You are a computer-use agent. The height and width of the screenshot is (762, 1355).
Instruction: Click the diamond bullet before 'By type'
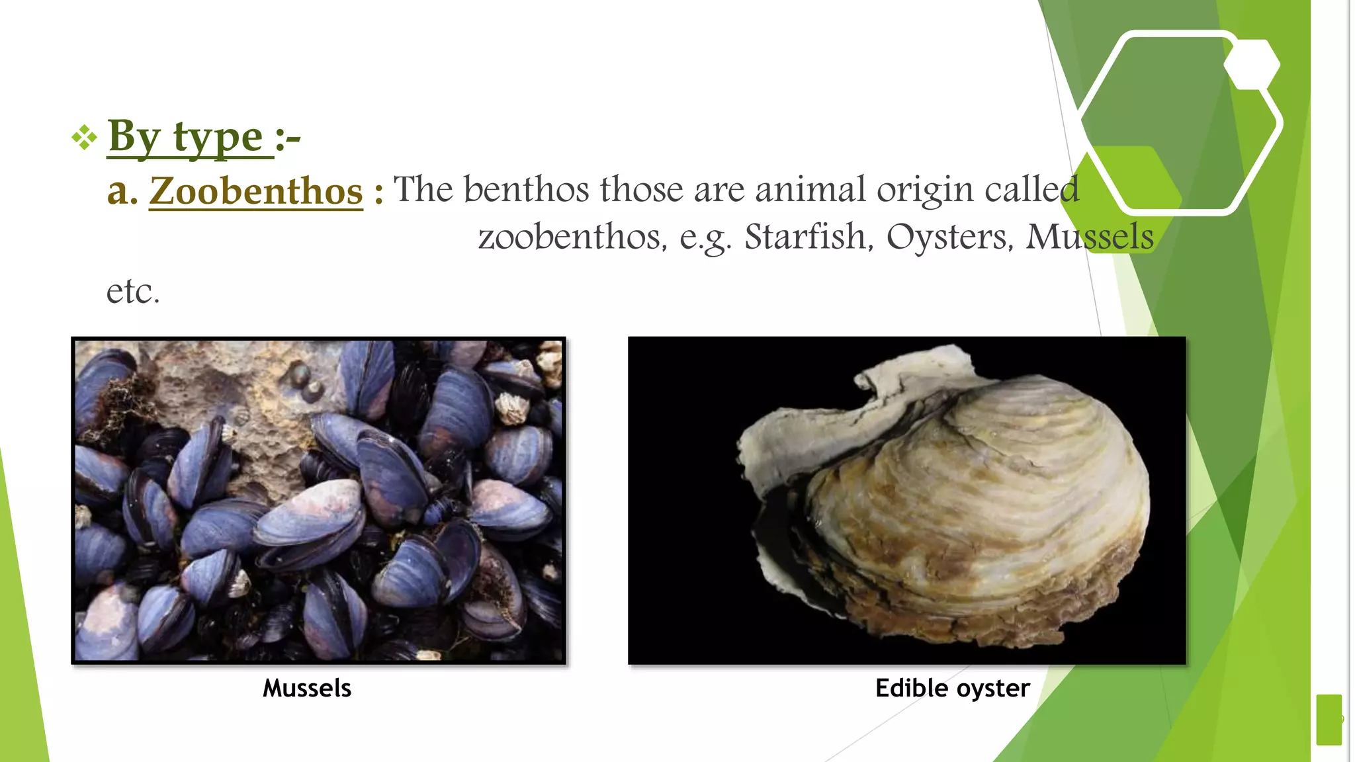(x=84, y=138)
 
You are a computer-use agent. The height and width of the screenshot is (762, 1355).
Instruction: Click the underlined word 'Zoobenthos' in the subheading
(x=256, y=191)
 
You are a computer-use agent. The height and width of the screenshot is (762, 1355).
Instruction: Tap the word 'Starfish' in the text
(x=805, y=237)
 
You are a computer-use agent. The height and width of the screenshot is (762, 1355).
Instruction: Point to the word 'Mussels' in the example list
(x=1089, y=237)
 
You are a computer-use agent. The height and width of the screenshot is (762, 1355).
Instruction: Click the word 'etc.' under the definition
(x=133, y=291)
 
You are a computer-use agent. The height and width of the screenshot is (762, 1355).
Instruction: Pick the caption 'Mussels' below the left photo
(x=307, y=689)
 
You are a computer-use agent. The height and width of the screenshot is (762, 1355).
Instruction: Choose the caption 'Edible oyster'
(x=952, y=689)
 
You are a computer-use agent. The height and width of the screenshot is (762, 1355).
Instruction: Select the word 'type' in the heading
(x=218, y=138)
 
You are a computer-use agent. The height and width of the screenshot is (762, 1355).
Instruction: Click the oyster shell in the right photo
(x=959, y=503)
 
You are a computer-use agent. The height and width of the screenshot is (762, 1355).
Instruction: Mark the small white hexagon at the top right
(x=1251, y=64)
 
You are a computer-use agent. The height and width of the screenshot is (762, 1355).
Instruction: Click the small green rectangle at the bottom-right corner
(x=1329, y=720)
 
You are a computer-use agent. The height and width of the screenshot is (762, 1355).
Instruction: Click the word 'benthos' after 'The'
(x=526, y=189)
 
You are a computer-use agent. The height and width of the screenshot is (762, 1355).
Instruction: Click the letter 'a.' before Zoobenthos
(x=122, y=191)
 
